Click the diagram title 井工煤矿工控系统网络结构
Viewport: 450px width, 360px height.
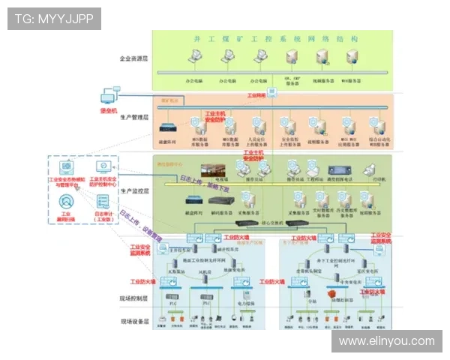pos(276,38)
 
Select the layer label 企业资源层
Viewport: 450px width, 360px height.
pos(134,58)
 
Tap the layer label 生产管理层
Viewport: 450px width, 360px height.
pos(134,118)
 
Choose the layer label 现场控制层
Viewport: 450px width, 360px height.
pos(134,298)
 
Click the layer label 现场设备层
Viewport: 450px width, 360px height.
pos(134,320)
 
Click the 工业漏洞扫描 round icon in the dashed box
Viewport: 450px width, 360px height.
pos(66,202)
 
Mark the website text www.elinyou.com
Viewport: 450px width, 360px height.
pos(386,341)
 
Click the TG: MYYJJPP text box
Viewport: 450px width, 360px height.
pos(54,18)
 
